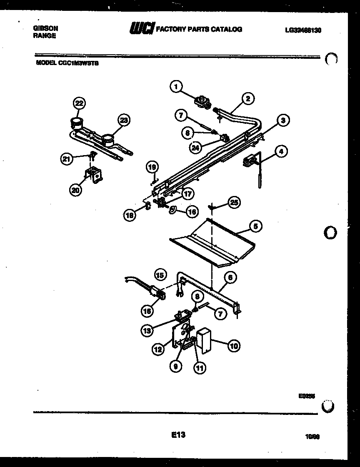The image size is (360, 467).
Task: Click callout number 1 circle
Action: coord(177,87)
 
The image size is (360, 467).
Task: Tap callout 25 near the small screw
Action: coord(235,203)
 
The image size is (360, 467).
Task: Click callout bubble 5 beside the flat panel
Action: coord(256,226)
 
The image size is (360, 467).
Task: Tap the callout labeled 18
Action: coord(130,215)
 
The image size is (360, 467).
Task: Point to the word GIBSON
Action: coord(45,28)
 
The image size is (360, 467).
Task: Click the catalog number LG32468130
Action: coord(303,30)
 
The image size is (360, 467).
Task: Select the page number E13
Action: coord(178,435)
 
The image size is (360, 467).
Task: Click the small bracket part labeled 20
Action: coord(93,175)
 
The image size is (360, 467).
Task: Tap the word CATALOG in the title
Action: coord(227,29)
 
